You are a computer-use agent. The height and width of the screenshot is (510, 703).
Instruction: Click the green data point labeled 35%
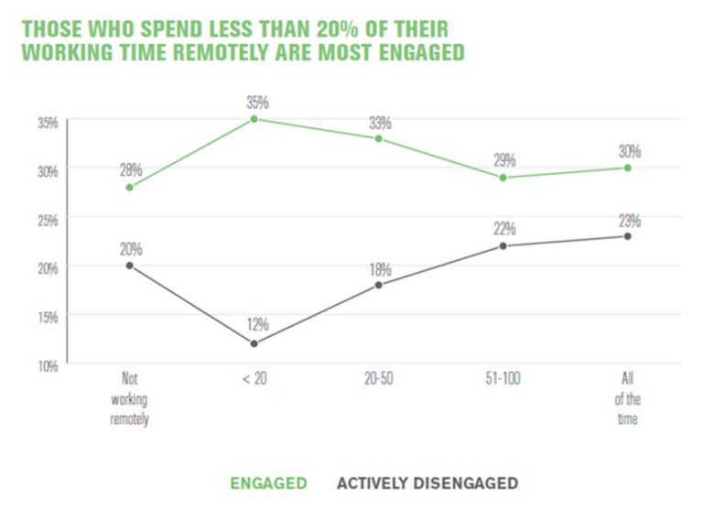[253, 119]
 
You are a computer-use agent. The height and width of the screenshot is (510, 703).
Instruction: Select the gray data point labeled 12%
[254, 343]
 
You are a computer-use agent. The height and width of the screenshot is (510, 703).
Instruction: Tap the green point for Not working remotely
[130, 188]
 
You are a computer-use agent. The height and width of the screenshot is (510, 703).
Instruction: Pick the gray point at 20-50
[378, 285]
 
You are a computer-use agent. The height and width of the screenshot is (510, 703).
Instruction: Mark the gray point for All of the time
[627, 236]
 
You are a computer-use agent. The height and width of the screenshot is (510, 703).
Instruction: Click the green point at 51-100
[503, 178]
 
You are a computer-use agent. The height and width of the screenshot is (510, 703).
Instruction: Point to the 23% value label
[629, 220]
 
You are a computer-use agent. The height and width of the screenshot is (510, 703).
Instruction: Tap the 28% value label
[130, 170]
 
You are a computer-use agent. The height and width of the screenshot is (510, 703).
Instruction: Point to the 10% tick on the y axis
[48, 365]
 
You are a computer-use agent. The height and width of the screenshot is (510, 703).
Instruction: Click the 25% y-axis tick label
[48, 219]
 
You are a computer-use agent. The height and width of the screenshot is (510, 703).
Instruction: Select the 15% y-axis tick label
[48, 317]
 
